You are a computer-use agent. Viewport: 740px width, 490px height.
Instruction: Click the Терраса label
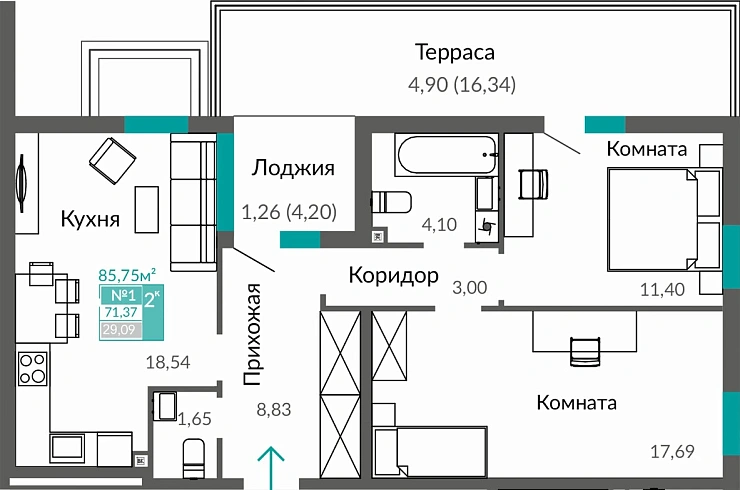(455, 52)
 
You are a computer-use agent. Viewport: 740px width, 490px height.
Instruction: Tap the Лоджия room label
(292, 167)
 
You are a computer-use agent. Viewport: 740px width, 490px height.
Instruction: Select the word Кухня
(90, 219)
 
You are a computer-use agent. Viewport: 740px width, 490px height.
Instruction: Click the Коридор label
(393, 275)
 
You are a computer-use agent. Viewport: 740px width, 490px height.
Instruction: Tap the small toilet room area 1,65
(194, 420)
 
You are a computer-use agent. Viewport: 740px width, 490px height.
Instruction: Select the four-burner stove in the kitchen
(33, 367)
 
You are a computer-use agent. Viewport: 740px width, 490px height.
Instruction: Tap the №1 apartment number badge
(122, 295)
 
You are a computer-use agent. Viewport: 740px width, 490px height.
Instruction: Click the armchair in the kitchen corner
(112, 158)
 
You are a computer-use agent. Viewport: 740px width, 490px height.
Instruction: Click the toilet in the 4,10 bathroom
(391, 202)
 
